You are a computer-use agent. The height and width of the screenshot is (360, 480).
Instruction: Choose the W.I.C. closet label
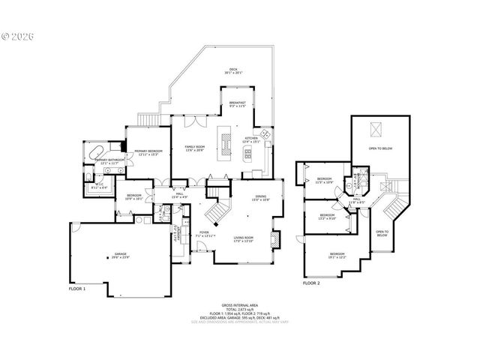[99, 185]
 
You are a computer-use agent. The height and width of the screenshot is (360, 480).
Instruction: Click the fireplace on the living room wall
[275, 240]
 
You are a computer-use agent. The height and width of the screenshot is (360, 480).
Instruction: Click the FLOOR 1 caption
[77, 289]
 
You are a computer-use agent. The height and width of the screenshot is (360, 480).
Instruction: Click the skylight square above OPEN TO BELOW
[377, 130]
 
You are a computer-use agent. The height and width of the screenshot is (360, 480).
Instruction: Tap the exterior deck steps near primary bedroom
[154, 121]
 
